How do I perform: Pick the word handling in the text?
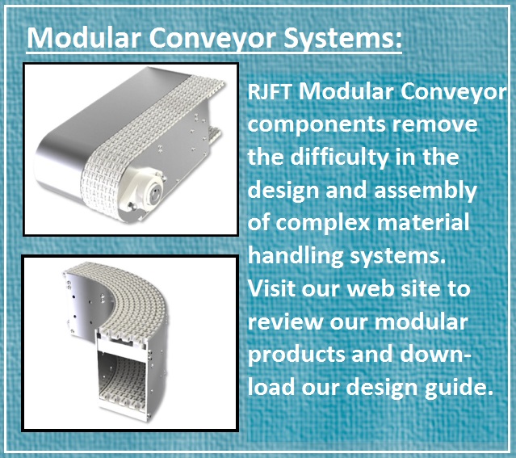click(294, 257)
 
